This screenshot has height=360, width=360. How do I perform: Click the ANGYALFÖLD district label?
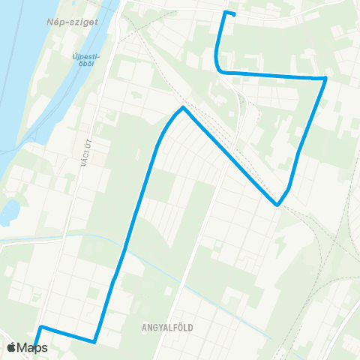tap(169, 327)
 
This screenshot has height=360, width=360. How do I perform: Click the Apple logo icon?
tap(11, 348)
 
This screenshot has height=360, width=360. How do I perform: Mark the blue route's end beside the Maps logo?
tap(35, 346)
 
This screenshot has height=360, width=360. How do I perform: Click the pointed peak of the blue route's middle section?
tap(182, 108)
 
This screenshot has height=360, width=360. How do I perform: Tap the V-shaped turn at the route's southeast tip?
tap(277, 204)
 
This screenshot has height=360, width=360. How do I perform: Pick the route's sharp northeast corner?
tap(325, 77)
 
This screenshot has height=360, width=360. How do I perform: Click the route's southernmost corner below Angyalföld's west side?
tap(94, 342)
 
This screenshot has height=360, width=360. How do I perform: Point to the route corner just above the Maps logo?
tap(41, 327)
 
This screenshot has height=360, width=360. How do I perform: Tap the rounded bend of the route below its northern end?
tap(218, 67)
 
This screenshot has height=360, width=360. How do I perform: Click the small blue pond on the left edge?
tap(8, 212)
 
